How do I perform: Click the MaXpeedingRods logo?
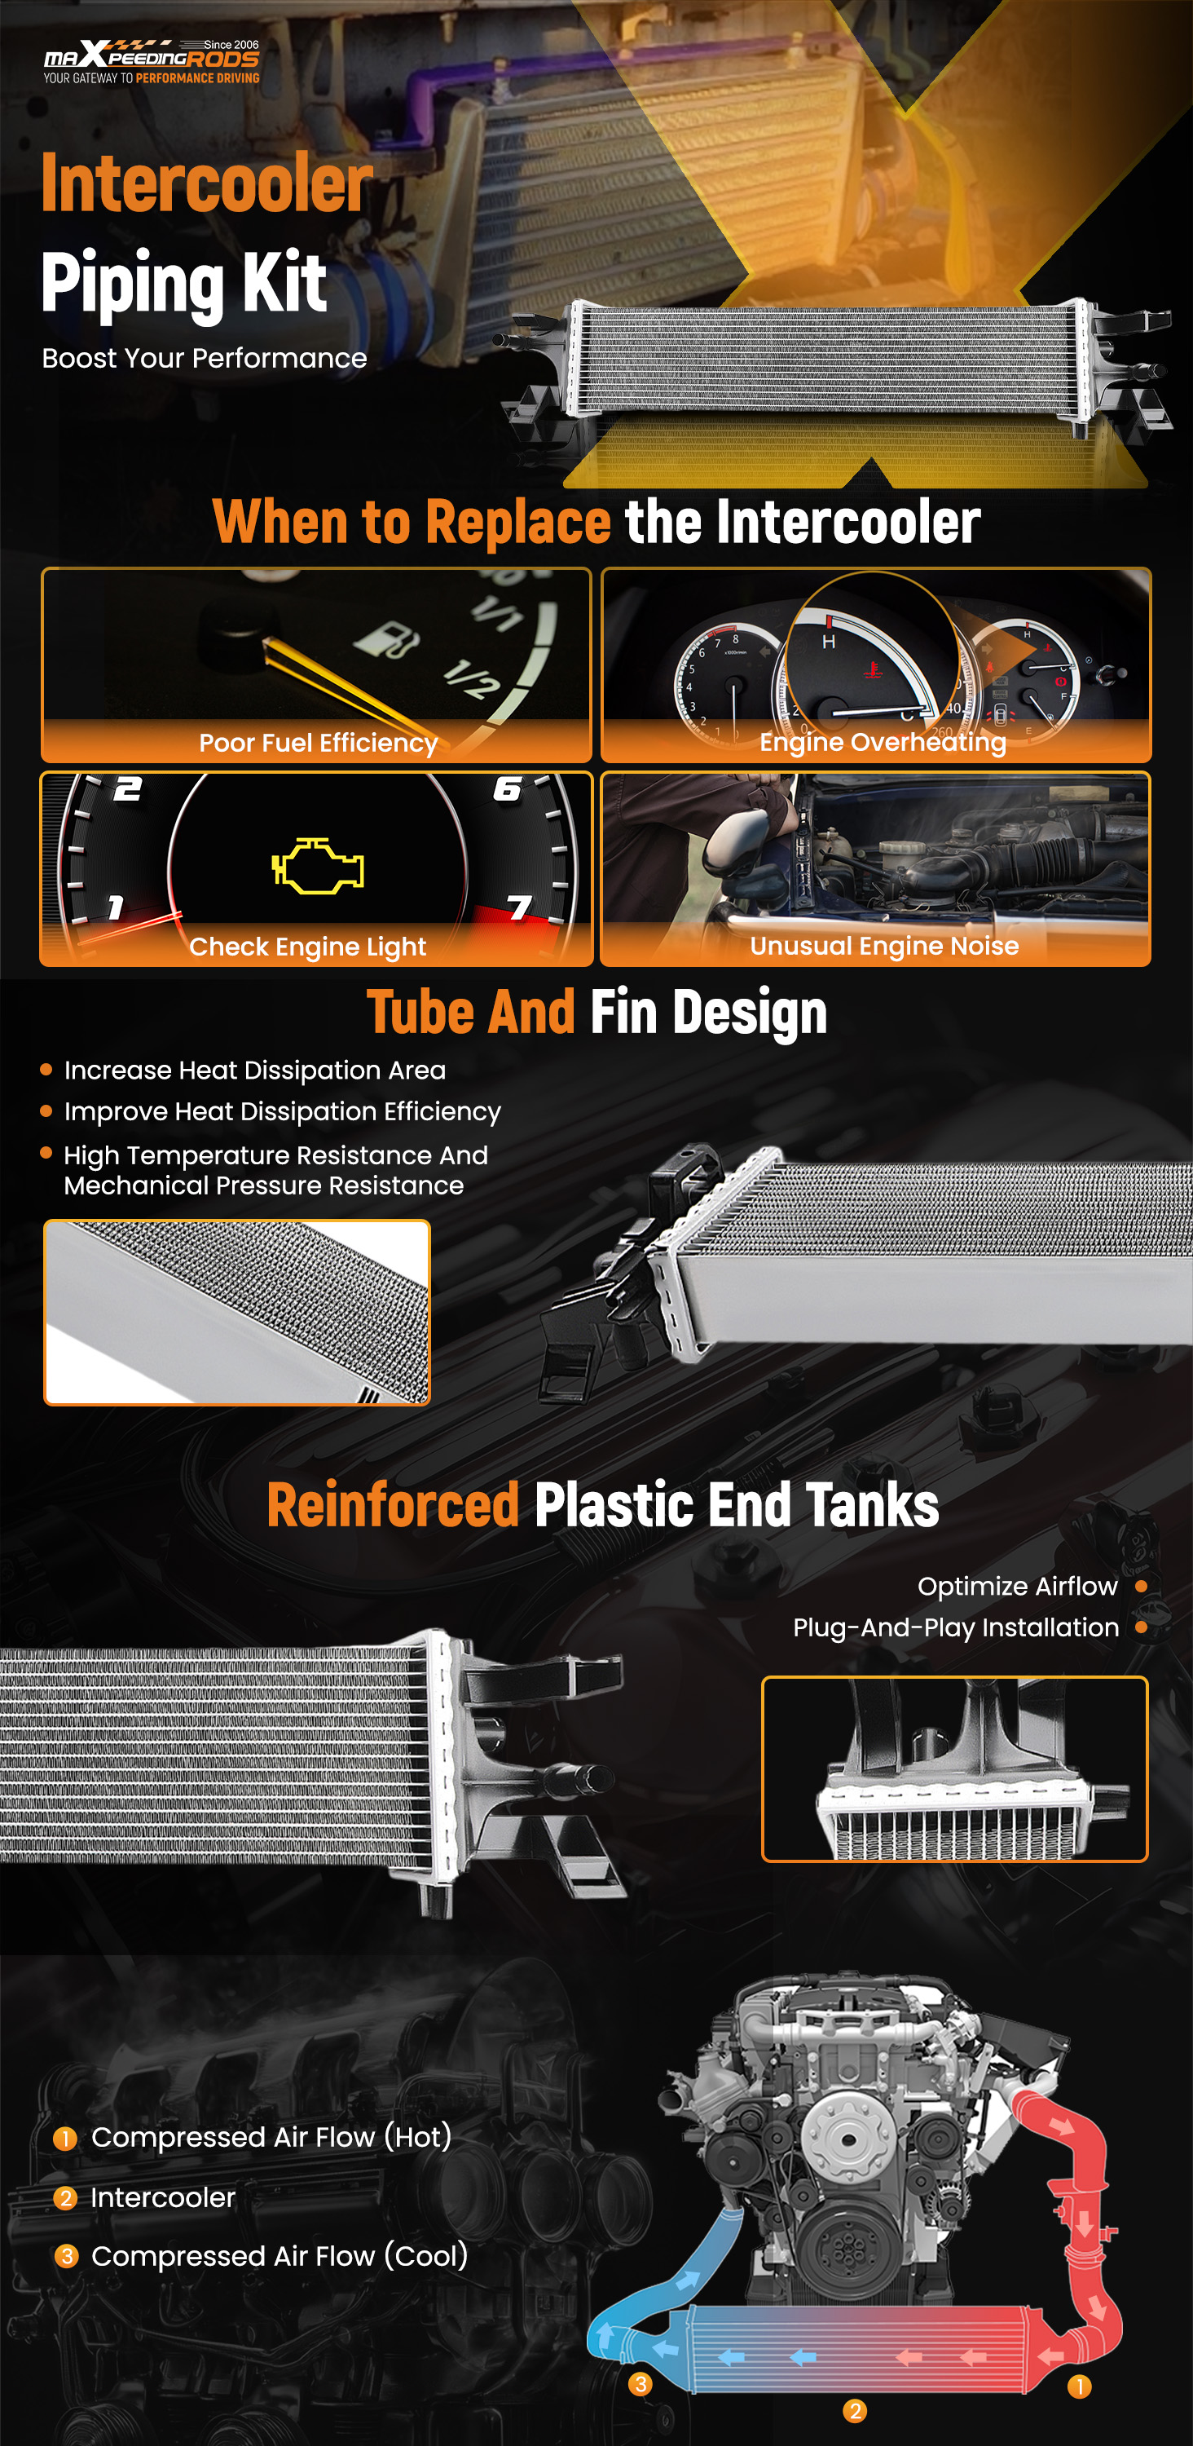click(152, 62)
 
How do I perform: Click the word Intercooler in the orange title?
click(207, 183)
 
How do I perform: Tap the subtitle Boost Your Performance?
click(204, 358)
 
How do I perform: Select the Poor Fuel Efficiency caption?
click(318, 743)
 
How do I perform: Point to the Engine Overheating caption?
click(883, 742)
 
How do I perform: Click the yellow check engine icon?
click(318, 866)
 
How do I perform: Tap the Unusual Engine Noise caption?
click(884, 946)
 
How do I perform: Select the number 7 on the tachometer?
click(519, 907)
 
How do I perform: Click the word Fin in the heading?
click(623, 1011)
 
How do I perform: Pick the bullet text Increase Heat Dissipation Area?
click(254, 1070)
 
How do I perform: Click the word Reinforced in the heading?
click(393, 1505)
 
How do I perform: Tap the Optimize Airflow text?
click(1018, 1587)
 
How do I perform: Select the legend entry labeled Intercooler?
click(162, 2198)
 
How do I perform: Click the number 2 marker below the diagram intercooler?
click(854, 2411)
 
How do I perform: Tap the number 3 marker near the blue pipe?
click(641, 2384)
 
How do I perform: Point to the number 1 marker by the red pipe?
click(1079, 2387)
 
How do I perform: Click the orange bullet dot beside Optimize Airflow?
click(1141, 1586)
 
